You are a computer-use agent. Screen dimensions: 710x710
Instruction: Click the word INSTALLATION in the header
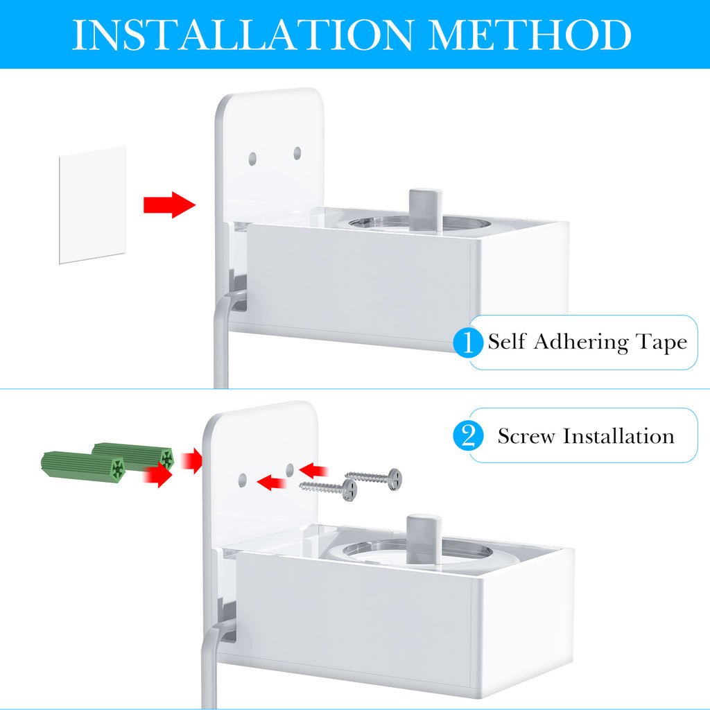[243, 35]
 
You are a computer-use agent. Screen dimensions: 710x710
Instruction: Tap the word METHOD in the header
[529, 35]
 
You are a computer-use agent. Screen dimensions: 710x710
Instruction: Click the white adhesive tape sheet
[92, 205]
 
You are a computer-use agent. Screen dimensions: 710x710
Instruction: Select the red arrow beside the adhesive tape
[169, 205]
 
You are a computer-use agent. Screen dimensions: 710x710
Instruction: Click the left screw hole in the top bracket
[252, 159]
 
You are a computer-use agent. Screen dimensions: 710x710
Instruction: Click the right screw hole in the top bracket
[297, 153]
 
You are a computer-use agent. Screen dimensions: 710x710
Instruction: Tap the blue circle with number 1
[468, 342]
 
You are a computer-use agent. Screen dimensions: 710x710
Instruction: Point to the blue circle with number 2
[468, 435]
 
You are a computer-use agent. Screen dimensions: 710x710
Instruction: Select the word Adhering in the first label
[582, 342]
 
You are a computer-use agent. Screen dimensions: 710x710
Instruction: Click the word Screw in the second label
[526, 436]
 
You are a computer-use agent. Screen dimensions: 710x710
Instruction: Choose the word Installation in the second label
[618, 435]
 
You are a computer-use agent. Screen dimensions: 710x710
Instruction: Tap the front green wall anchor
[83, 465]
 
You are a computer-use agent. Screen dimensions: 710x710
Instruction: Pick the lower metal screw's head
[349, 490]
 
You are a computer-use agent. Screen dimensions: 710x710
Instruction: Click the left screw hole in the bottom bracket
[242, 480]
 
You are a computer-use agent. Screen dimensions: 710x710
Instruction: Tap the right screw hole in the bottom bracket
[290, 469]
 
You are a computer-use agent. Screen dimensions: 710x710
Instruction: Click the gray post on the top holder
[425, 209]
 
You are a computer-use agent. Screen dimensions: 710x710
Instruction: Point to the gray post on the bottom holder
[424, 539]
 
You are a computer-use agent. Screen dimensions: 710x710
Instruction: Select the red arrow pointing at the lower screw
[272, 483]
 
